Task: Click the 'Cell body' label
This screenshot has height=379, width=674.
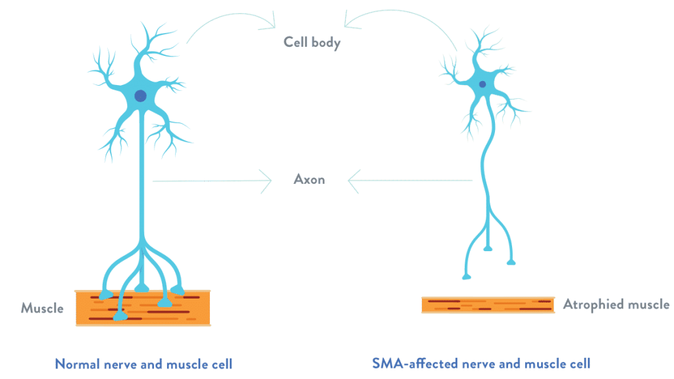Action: [x=312, y=43]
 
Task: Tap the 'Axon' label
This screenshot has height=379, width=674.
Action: [x=309, y=179]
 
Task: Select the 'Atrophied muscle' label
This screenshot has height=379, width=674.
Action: [x=616, y=305]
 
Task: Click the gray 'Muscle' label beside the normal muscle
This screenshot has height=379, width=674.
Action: [x=42, y=308]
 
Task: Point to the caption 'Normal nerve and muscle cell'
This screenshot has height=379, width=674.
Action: [x=143, y=364]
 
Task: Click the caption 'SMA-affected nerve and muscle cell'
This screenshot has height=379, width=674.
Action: [x=481, y=363]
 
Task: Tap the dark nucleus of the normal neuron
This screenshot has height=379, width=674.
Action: [x=141, y=96]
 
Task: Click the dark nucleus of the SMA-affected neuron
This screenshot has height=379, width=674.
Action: [x=482, y=84]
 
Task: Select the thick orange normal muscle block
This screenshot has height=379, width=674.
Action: [x=143, y=308]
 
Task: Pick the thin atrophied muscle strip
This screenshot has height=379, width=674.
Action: [x=488, y=305]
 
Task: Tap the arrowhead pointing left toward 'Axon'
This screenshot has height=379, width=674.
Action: [x=353, y=181]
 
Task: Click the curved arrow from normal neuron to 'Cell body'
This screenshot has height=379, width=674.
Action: [x=232, y=15]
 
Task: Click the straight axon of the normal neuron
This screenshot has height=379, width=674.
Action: [x=142, y=177]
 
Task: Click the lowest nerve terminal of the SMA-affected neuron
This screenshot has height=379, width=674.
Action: [x=467, y=276]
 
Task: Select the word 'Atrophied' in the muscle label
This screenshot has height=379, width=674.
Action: [x=594, y=305]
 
